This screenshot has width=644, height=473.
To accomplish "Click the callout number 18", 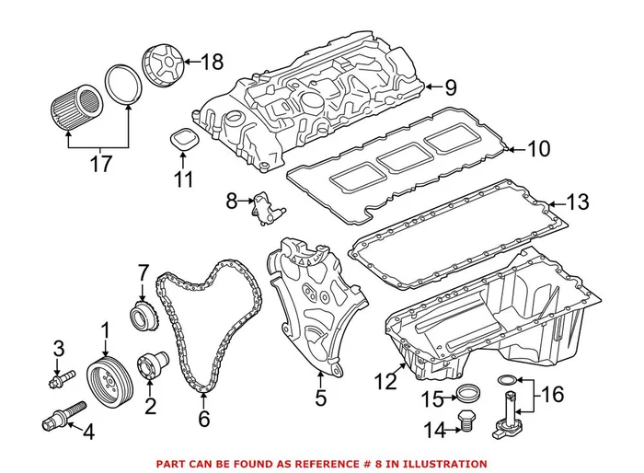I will tap(212, 63).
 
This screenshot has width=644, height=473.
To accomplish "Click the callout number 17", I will tap(100, 166).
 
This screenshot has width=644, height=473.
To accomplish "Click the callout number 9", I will tap(450, 88).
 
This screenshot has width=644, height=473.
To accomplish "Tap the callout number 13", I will tap(575, 202).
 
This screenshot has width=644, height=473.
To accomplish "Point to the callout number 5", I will tap(320, 398).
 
